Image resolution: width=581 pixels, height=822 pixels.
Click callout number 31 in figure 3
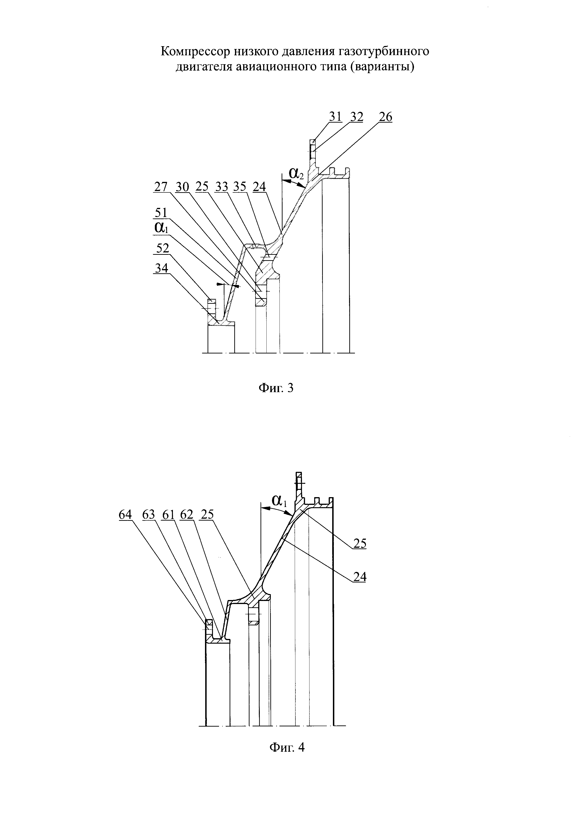335,117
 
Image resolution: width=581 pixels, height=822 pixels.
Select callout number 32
357,117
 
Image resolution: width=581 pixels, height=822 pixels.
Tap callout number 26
385,117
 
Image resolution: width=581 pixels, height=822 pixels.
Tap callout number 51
160,213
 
